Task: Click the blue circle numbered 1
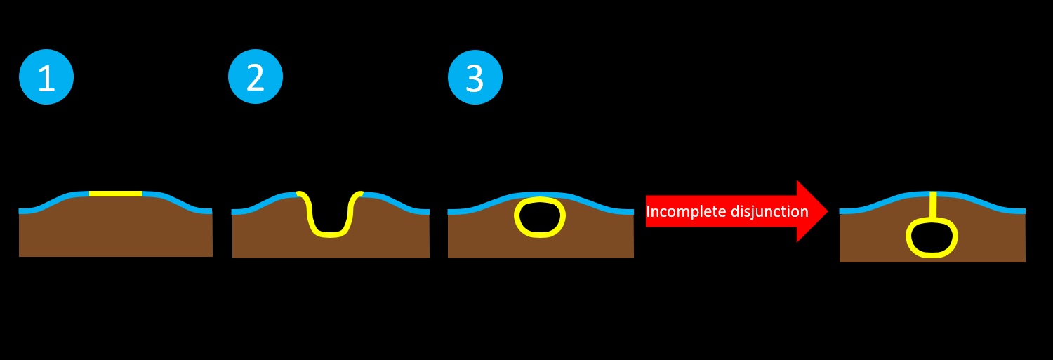[46, 77]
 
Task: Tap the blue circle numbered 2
[256, 76]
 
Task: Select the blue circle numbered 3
[475, 77]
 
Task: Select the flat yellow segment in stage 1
[116, 194]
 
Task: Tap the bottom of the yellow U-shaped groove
[329, 234]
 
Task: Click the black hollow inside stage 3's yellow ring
[540, 218]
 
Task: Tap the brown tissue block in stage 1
[116, 232]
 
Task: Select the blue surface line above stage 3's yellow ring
[541, 194]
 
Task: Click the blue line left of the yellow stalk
[885, 200]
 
